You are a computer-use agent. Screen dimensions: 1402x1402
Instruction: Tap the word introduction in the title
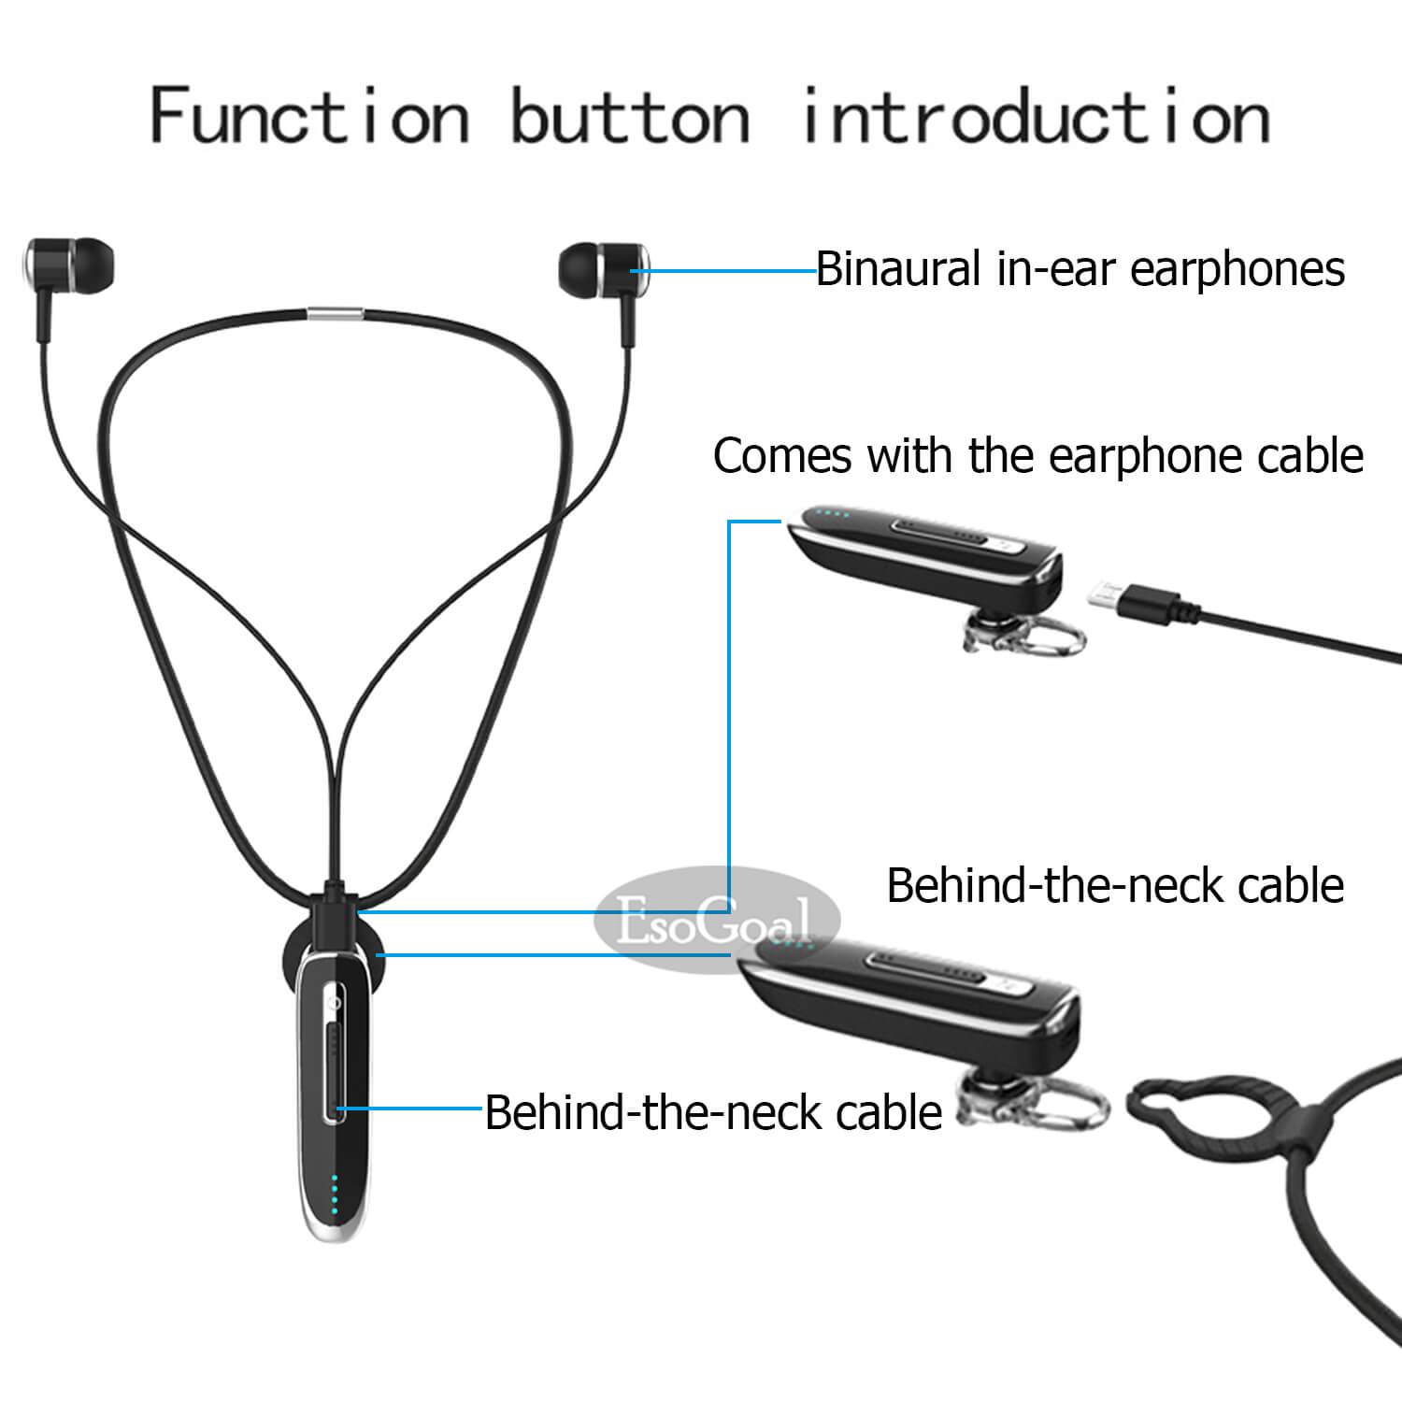[1036, 115]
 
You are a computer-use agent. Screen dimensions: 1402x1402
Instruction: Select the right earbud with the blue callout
[603, 269]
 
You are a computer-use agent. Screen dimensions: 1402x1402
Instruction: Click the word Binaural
[898, 269]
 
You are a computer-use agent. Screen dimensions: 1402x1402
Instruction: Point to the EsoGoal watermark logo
[717, 922]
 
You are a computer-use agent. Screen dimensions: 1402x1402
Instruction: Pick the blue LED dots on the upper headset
[832, 512]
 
